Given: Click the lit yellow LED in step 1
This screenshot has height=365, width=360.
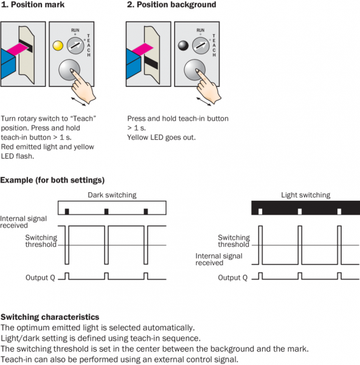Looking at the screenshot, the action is tap(58, 46).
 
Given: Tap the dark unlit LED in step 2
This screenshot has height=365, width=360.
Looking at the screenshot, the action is tap(183, 46).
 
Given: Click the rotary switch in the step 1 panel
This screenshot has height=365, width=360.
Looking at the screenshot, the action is tap(75, 46).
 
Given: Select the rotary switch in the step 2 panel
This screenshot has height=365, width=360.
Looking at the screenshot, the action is tap(201, 46).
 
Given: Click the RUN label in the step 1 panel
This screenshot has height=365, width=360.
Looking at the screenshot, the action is tap(75, 30).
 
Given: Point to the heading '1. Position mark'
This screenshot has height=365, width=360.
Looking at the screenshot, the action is tap(33, 5).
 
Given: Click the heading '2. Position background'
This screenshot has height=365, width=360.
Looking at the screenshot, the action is tap(171, 5).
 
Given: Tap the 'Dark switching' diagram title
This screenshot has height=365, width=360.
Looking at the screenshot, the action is tap(112, 195).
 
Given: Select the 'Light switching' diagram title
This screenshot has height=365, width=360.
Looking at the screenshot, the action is tap(305, 195).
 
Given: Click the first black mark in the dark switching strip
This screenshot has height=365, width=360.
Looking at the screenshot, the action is tap(67, 212).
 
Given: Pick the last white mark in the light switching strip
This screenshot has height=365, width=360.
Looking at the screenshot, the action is tap(339, 212).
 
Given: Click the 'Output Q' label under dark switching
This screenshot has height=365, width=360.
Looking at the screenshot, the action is tap(40, 277).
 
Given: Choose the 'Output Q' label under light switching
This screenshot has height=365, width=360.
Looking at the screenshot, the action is tap(233, 277).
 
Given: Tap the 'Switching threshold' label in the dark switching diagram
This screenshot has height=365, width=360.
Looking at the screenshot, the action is tap(41, 241).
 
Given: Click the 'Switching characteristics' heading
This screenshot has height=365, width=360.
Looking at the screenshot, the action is tap(50, 317).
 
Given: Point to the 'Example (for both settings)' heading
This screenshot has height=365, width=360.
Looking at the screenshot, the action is tap(52, 180).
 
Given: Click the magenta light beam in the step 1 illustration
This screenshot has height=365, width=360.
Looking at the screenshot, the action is tap(18, 49).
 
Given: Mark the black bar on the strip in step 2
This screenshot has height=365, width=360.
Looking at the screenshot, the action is tap(151, 62).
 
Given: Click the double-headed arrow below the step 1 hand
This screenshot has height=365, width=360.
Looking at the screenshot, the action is tap(78, 102).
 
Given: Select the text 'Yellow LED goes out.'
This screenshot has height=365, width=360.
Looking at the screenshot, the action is tap(161, 137).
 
